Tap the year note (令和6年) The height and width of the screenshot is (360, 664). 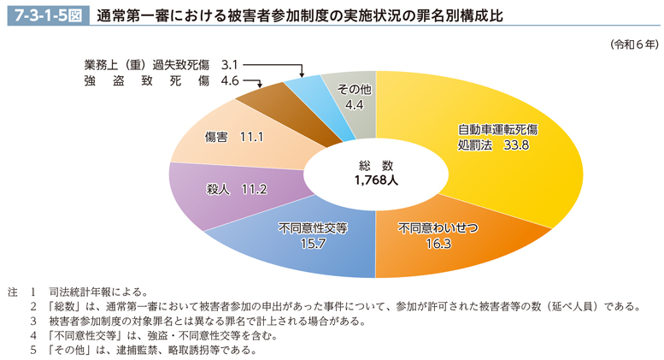(634, 43)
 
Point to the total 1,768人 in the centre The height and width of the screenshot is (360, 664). (374, 180)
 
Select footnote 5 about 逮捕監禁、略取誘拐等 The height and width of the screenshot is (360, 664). (154, 350)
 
